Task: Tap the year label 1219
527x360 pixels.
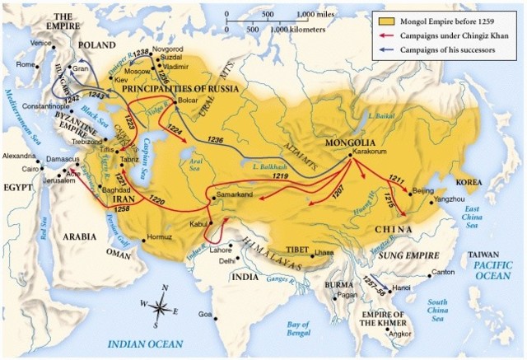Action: pyautogui.click(x=280, y=176)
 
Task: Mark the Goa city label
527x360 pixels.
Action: pyautogui.click(x=206, y=316)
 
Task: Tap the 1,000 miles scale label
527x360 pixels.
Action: pyautogui.click(x=316, y=15)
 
